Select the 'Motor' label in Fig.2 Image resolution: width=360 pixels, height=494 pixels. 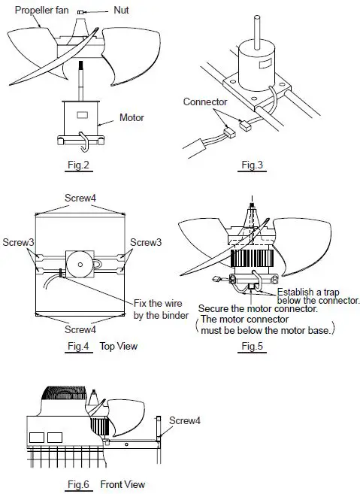(133, 117)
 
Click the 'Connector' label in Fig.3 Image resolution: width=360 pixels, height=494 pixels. (204, 102)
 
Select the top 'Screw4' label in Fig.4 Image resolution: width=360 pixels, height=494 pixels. (79, 200)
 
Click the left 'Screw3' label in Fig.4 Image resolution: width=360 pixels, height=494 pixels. (17, 242)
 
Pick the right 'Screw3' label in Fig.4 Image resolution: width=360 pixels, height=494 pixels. (145, 242)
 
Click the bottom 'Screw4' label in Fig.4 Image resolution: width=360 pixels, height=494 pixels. (79, 329)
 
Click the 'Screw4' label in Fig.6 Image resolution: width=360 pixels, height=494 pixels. (185, 420)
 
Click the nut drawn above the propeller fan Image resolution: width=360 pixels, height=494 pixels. (98, 13)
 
